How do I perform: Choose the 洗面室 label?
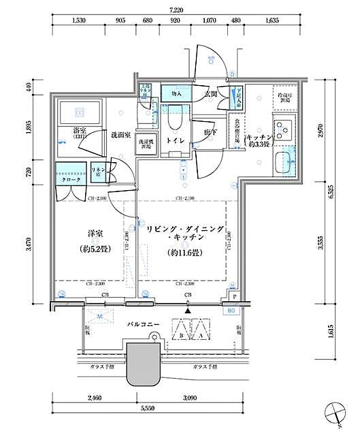point(120,135)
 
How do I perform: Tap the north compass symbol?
point(336,411)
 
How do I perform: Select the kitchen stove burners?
point(283,127)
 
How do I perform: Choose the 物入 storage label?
point(176,93)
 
